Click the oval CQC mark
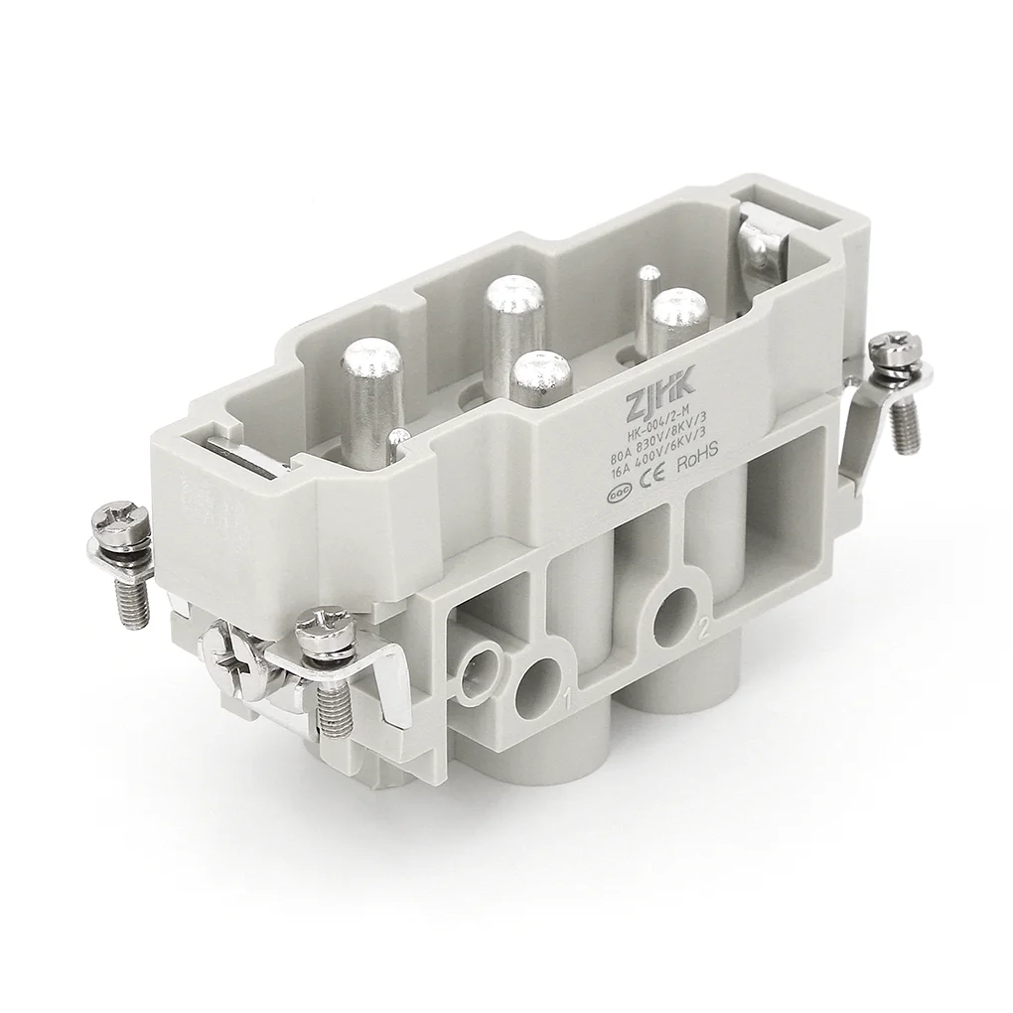pos(618,489)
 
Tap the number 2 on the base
pos(704,630)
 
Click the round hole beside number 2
pos(677,606)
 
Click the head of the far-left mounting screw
pos(119,523)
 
